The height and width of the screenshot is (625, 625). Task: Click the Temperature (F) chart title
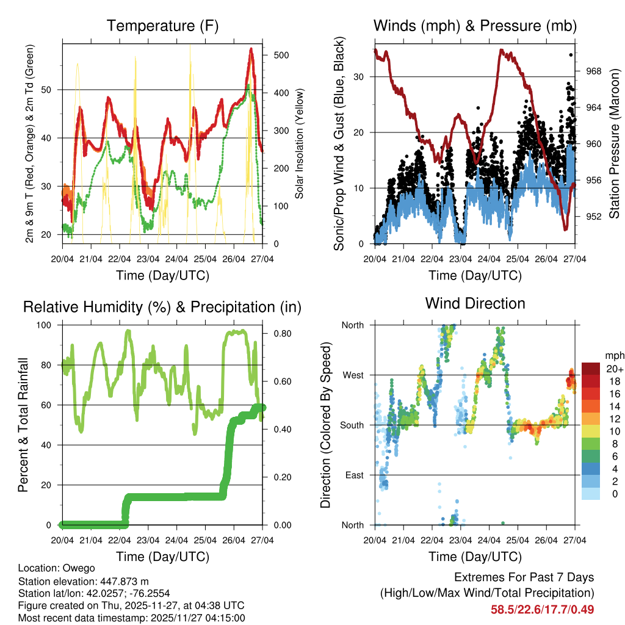coord(162,26)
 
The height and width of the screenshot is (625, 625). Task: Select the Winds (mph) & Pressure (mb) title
coord(475,26)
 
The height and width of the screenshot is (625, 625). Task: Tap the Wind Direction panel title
coord(475,303)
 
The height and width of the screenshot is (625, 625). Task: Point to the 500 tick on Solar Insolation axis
coord(281,55)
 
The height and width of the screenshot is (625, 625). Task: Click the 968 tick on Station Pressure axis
coord(594,71)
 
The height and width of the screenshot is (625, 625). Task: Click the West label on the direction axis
coord(353,375)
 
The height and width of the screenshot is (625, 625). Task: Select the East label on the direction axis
coord(355,475)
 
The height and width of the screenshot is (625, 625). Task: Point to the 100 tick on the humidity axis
coord(48,325)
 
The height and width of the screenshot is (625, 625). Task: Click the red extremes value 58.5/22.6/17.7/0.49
coord(542,609)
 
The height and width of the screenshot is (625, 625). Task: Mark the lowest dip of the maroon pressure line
coord(566,228)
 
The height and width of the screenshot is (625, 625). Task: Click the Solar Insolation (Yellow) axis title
coord(299,143)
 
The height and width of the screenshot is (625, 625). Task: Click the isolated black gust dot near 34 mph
coord(571,55)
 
